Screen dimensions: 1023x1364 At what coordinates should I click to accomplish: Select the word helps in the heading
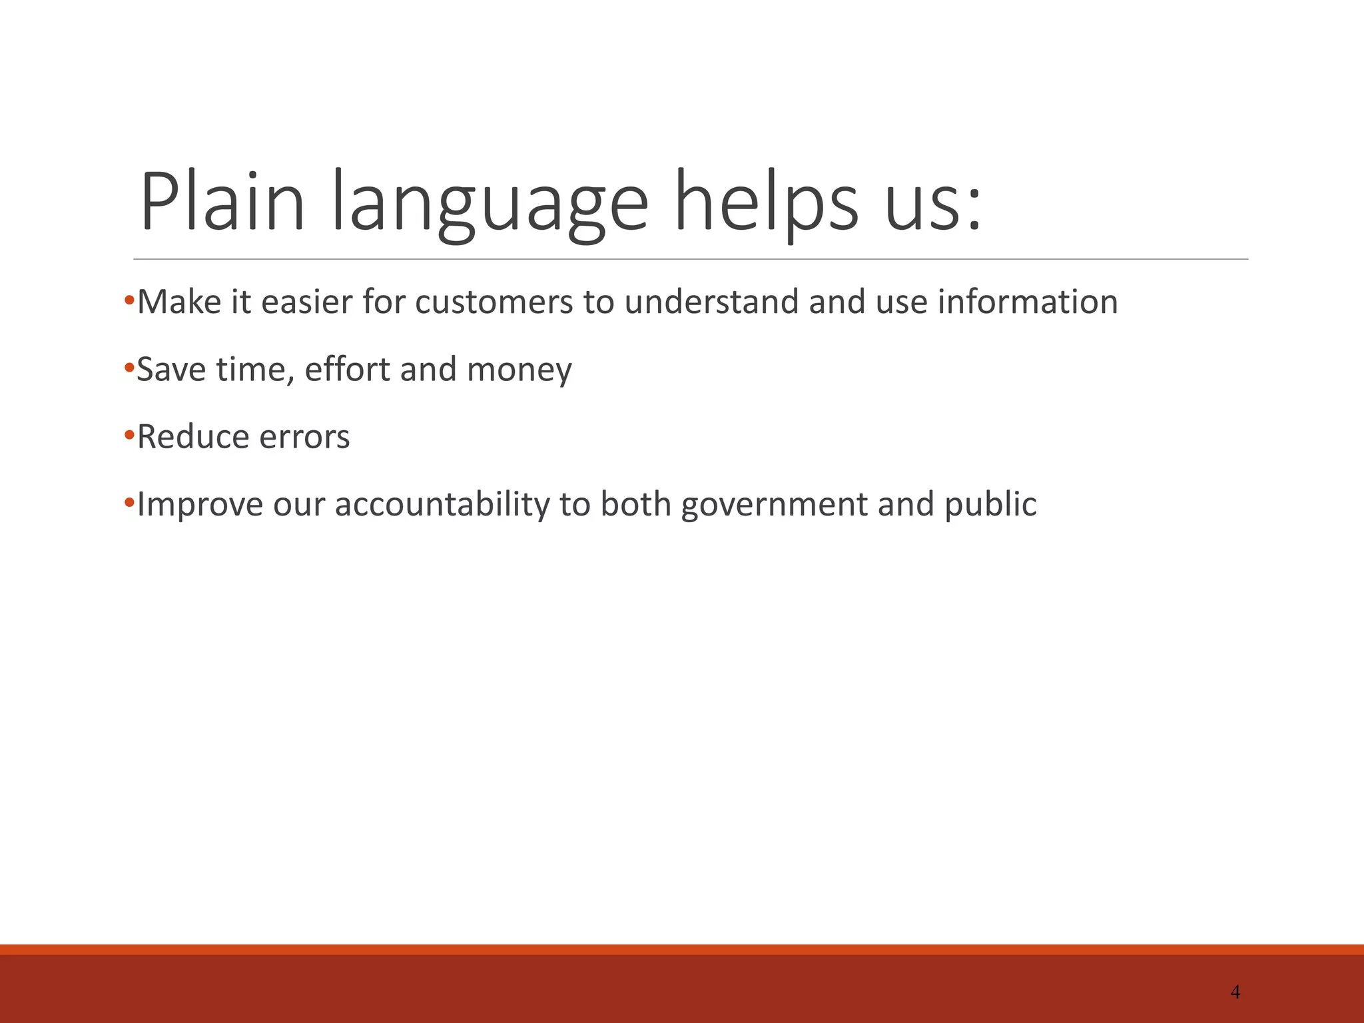pos(767,202)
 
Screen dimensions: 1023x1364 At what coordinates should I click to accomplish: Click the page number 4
pos(1235,992)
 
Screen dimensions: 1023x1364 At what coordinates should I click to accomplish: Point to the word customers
pos(494,302)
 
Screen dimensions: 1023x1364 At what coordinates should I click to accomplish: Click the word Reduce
pos(192,438)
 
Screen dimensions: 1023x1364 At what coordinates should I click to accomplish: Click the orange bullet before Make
pos(129,299)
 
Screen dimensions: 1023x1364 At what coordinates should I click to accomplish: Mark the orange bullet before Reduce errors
pos(129,434)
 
